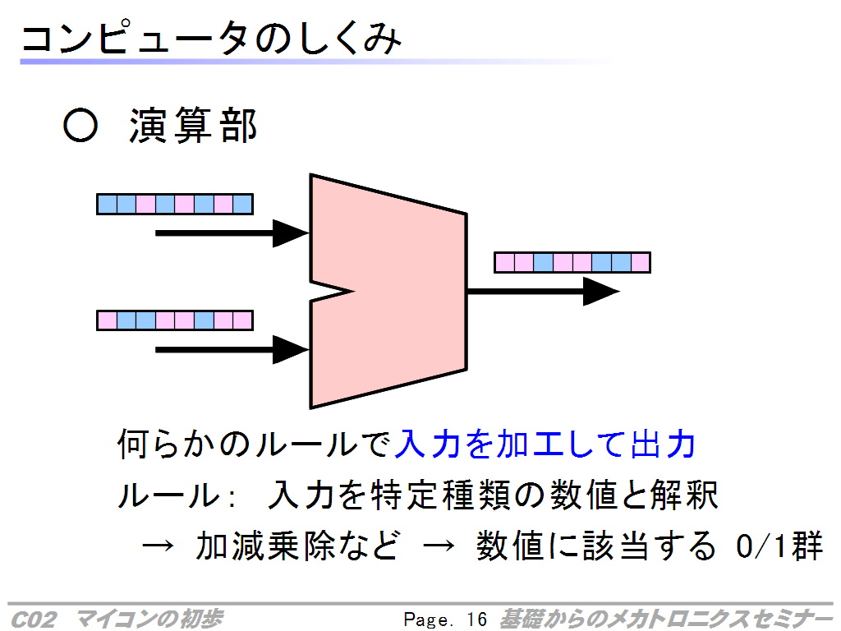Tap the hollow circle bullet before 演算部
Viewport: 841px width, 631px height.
click(80, 126)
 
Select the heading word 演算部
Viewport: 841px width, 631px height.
click(193, 126)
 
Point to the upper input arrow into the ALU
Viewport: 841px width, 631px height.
click(232, 233)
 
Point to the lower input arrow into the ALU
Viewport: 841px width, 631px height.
click(232, 350)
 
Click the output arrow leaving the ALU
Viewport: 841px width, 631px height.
click(544, 292)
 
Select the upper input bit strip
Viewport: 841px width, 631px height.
click(175, 205)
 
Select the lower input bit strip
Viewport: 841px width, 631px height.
click(175, 320)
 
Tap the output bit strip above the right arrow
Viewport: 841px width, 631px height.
click(572, 262)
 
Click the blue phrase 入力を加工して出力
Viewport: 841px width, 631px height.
click(545, 444)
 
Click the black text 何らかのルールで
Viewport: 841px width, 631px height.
click(255, 444)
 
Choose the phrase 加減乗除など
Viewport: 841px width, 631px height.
click(298, 546)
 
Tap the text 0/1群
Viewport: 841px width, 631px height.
click(779, 546)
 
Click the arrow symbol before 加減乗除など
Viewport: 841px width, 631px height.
click(158, 546)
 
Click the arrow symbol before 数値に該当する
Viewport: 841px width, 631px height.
click(439, 546)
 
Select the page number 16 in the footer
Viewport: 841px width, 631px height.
click(477, 619)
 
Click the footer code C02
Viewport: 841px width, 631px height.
click(33, 619)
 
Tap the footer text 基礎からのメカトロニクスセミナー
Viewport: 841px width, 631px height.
click(665, 619)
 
